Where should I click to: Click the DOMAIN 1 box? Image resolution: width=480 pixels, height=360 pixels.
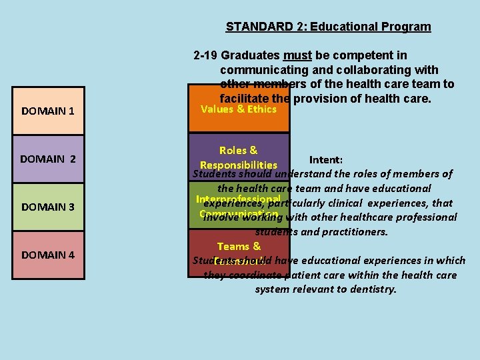[x=49, y=111]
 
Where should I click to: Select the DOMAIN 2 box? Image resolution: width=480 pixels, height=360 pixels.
[x=49, y=159]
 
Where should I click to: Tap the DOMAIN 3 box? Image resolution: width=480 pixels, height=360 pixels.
[x=49, y=207]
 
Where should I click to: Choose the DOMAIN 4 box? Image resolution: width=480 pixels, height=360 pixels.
[x=49, y=255]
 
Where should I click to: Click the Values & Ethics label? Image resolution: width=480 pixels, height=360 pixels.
[x=239, y=109]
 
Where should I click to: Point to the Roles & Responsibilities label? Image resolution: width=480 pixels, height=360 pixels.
[x=239, y=157]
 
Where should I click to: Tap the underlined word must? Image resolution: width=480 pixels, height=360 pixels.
[x=297, y=55]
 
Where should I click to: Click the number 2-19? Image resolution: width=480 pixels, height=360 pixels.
[x=205, y=55]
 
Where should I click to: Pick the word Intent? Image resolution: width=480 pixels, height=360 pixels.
[x=326, y=160]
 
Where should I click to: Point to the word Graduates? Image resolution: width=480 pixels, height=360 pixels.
[x=251, y=55]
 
